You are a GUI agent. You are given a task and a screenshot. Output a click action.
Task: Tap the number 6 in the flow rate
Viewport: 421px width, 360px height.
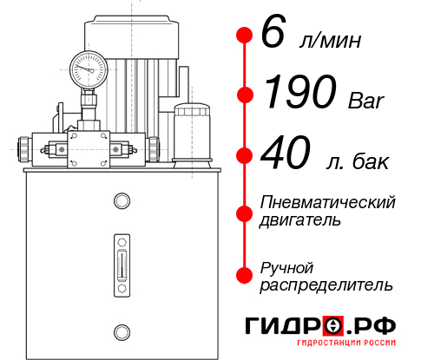click(x=272, y=36)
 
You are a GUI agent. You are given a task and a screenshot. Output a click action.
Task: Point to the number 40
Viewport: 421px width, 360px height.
click(x=285, y=156)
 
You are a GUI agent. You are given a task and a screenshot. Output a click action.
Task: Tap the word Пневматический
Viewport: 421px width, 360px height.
click(x=327, y=202)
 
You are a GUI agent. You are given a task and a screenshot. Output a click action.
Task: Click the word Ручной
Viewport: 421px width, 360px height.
click(x=286, y=266)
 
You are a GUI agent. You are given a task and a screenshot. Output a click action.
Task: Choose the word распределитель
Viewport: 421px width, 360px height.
click(x=326, y=285)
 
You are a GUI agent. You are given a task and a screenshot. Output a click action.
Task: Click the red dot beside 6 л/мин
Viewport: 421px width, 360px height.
click(x=244, y=36)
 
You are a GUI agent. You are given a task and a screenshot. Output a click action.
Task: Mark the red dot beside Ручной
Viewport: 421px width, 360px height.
click(x=244, y=275)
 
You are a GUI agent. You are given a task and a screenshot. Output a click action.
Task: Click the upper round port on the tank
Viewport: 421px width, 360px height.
click(x=121, y=201)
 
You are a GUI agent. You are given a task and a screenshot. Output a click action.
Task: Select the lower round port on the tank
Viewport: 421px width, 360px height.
click(x=121, y=330)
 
